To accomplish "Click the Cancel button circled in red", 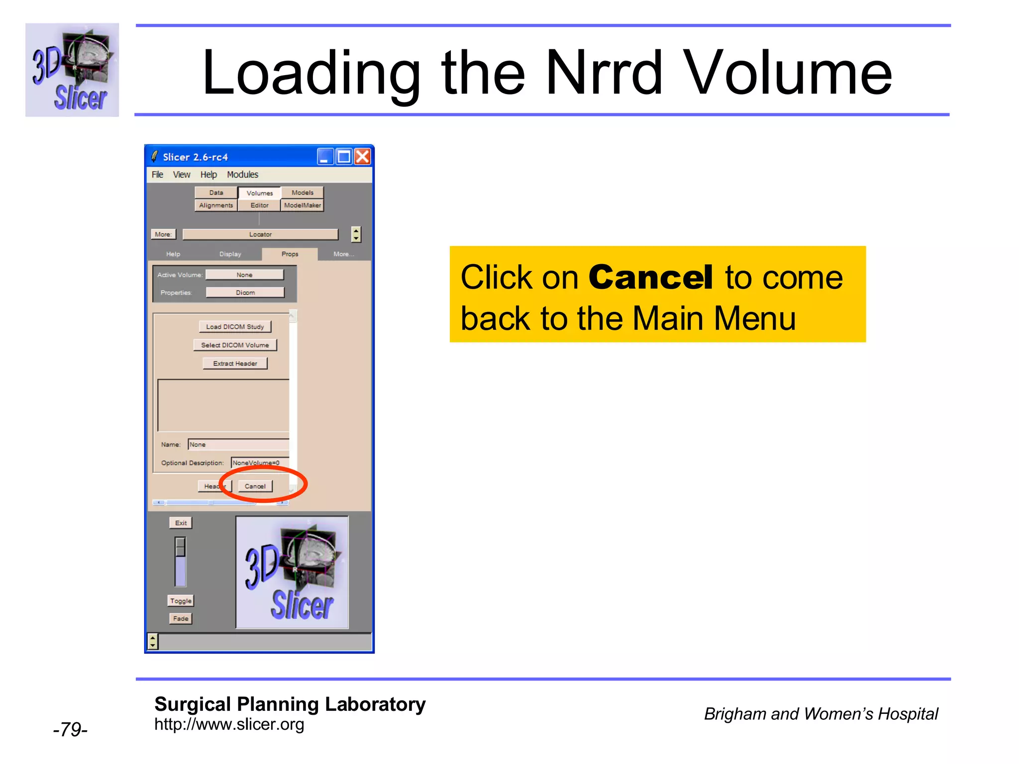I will [255, 486].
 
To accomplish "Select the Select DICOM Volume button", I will [235, 345].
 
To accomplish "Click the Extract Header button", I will [235, 364].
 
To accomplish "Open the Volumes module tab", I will [259, 193].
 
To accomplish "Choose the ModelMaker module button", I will [303, 205].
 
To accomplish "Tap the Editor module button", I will [259, 205].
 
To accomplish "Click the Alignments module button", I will [216, 205].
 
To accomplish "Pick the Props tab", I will [290, 254].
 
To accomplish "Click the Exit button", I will [181, 523].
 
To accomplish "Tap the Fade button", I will [181, 619].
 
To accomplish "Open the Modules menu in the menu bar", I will [242, 175].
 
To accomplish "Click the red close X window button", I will [363, 157].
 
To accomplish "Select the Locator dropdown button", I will [260, 234].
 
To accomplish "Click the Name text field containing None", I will [238, 445].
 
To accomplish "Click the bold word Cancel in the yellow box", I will [651, 277].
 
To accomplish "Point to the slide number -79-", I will [70, 729].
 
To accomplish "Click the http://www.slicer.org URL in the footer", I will [229, 725].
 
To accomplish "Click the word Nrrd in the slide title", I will [604, 73].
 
